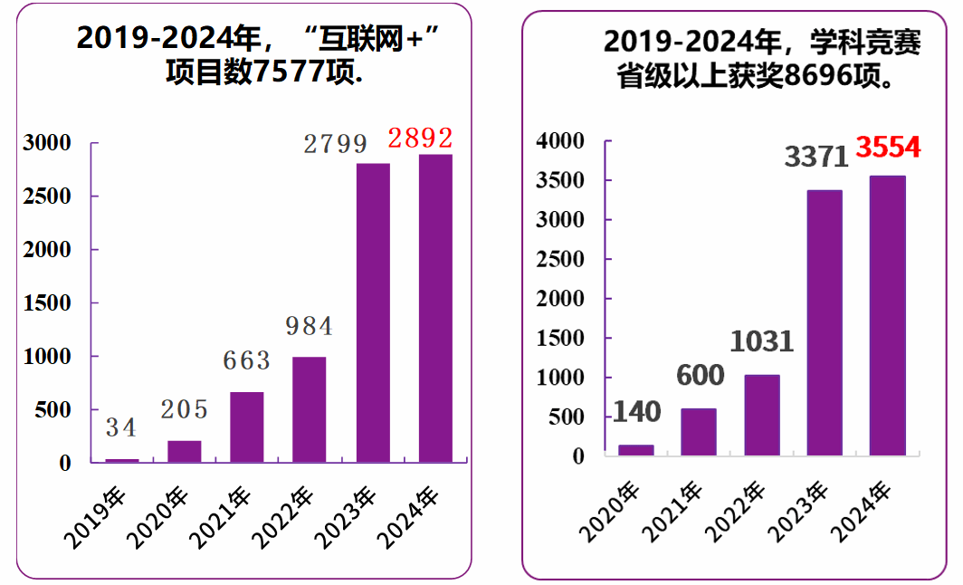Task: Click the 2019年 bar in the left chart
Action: point(122,460)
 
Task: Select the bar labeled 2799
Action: point(373,312)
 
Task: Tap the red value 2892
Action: point(420,139)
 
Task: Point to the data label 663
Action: point(246,360)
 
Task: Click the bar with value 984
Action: point(310,409)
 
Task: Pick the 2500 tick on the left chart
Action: point(47,197)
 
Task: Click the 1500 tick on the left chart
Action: point(47,303)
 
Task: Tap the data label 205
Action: point(184,409)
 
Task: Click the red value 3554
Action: point(888,147)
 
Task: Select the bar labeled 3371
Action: point(825,322)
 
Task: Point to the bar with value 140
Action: point(636,450)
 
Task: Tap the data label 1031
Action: point(761,341)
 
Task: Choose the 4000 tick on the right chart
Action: point(559,141)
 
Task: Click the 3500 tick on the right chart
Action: point(559,181)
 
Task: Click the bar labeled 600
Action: point(699,432)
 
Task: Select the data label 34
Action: point(120,427)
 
